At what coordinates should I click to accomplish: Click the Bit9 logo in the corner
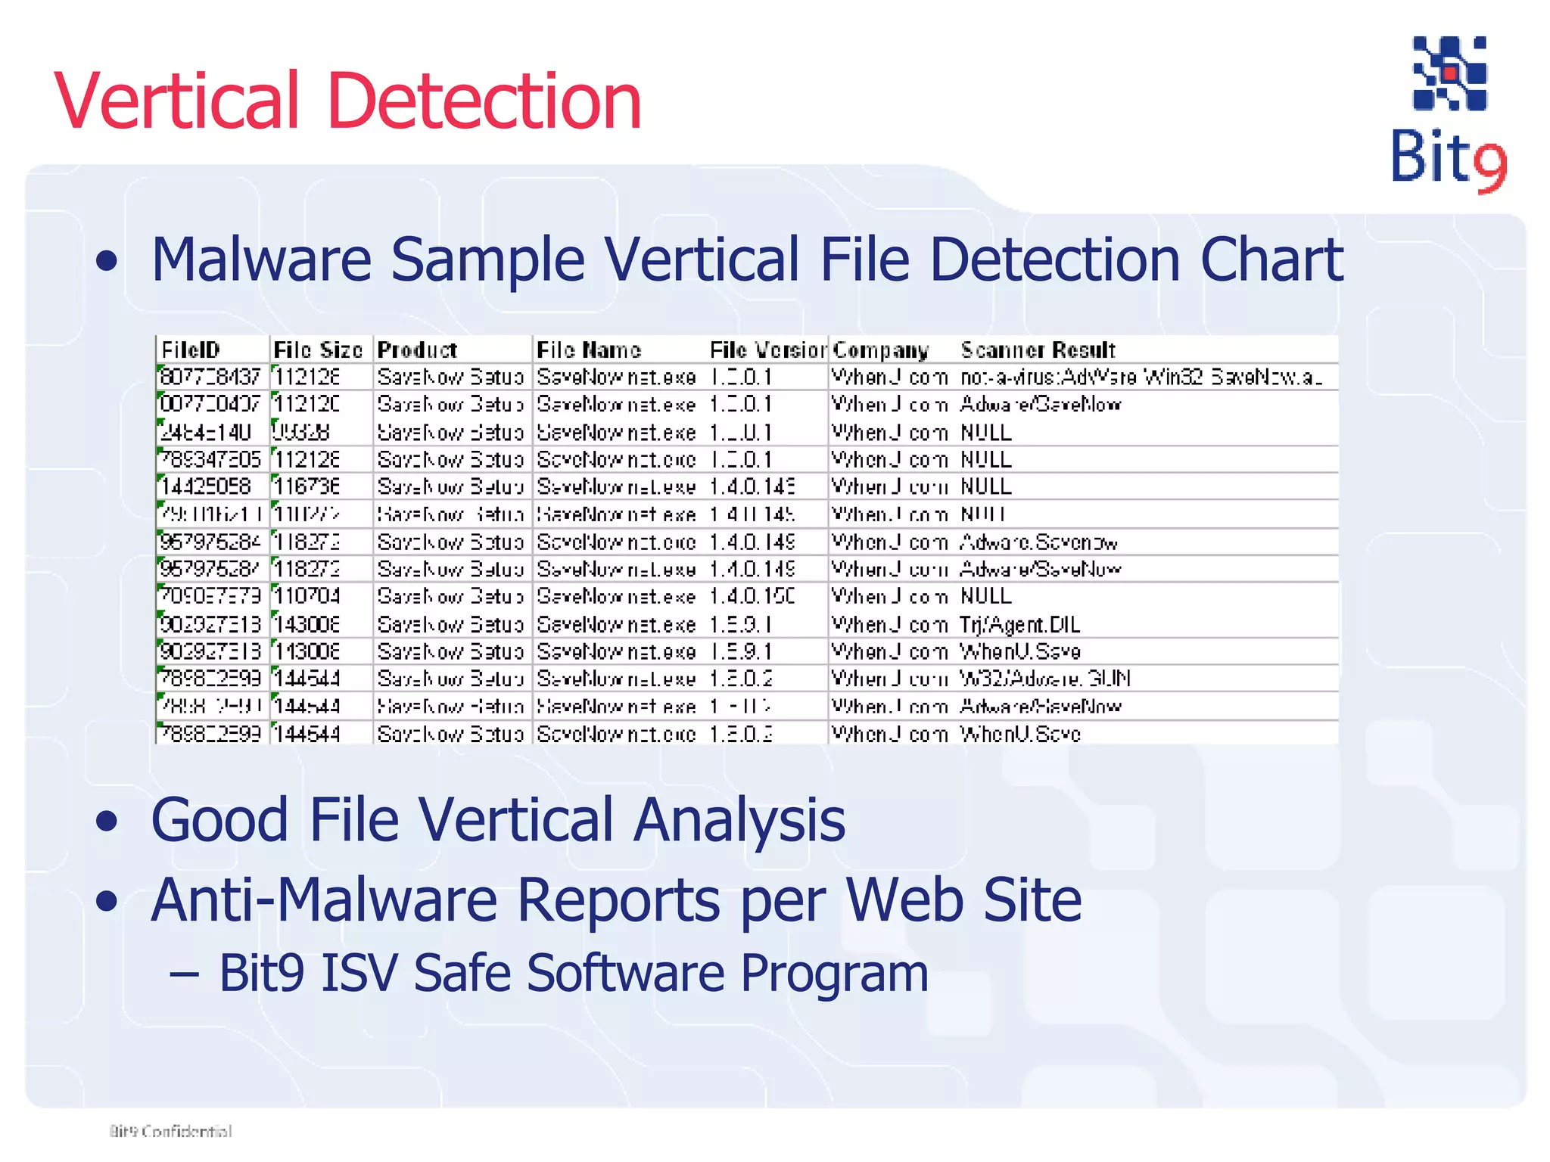coord(1449,113)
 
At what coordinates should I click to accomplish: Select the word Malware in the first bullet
coord(261,259)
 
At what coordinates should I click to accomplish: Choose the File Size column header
coord(318,350)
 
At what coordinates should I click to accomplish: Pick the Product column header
coord(417,350)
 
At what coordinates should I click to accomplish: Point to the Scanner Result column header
coord(1038,350)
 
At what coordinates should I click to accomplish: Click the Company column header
coord(880,350)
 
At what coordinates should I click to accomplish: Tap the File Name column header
coord(589,350)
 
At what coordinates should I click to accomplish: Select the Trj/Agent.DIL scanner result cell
coord(1019,625)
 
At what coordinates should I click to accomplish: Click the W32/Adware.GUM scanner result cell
coord(1044,679)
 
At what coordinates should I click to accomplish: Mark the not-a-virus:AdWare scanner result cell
coord(1141,377)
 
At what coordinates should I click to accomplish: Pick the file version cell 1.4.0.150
coord(752,597)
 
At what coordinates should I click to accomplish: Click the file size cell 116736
coord(307,486)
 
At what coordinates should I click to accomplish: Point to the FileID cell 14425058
coord(206,486)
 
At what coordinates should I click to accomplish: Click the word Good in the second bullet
coord(219,820)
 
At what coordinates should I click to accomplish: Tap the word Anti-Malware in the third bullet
coord(324,900)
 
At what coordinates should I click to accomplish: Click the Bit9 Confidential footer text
coord(171,1132)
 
